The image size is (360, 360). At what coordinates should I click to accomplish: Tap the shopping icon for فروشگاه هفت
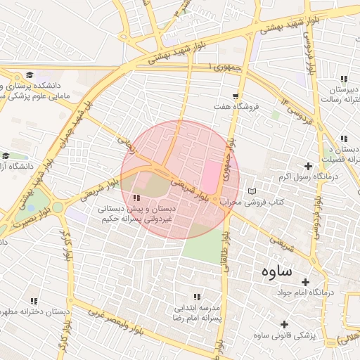coord(235,96)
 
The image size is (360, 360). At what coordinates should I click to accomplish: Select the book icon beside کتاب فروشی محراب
coord(252,191)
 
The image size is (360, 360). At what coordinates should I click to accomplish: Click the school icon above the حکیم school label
coord(136,198)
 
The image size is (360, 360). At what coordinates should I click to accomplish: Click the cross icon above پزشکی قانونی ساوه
coord(285,324)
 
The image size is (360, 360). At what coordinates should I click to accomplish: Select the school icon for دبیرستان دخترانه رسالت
coord(343,79)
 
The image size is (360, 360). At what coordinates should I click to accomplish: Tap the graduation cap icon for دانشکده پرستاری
coord(30,75)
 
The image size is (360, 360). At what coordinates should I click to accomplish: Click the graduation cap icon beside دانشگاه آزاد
coord(6,155)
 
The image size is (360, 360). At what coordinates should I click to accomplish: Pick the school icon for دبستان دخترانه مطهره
coord(34,300)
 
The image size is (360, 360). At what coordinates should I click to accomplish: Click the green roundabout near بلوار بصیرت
coord(57,207)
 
